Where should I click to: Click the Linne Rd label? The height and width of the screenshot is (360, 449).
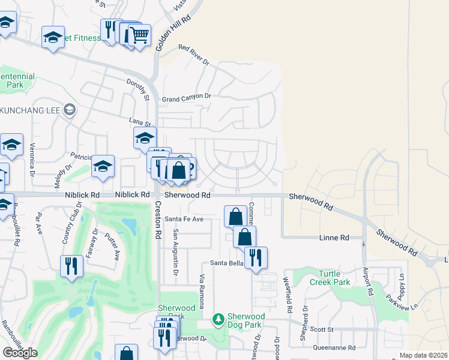tap(336, 238)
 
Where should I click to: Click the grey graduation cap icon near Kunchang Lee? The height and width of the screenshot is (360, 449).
tap(70, 110)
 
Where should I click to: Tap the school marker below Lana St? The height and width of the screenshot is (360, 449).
tap(145, 138)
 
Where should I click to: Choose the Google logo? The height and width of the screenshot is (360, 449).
tap(20, 352)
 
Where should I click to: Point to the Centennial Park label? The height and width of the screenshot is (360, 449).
tap(16, 81)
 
